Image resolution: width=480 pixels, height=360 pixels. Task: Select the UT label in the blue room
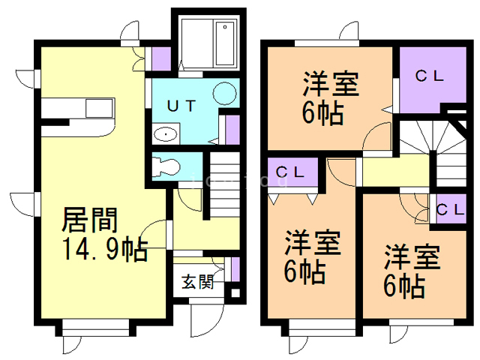coord(182,106)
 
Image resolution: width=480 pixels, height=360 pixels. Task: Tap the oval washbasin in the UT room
coord(165,135)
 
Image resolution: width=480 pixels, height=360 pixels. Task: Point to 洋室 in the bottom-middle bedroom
coord(313,243)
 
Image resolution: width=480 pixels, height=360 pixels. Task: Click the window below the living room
coord(97,328)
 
